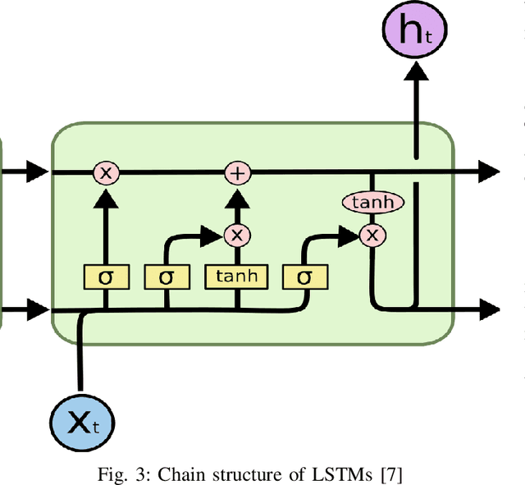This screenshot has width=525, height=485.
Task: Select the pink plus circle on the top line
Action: [238, 172]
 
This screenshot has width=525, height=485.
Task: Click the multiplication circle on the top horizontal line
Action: [106, 172]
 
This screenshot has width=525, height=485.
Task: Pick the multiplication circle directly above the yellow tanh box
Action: [237, 236]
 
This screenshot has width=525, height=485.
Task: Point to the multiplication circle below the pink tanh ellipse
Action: [372, 236]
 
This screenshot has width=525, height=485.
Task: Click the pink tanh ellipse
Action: [372, 202]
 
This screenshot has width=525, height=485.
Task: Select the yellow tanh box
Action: [236, 277]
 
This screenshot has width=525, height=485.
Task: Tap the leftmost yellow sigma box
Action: [105, 277]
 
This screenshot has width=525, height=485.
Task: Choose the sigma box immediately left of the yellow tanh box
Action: [167, 277]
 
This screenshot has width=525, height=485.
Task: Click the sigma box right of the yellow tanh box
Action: [304, 277]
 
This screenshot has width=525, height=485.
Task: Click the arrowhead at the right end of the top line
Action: [489, 172]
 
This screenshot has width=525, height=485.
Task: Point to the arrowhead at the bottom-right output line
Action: [489, 310]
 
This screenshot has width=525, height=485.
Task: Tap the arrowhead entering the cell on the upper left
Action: [37, 172]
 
